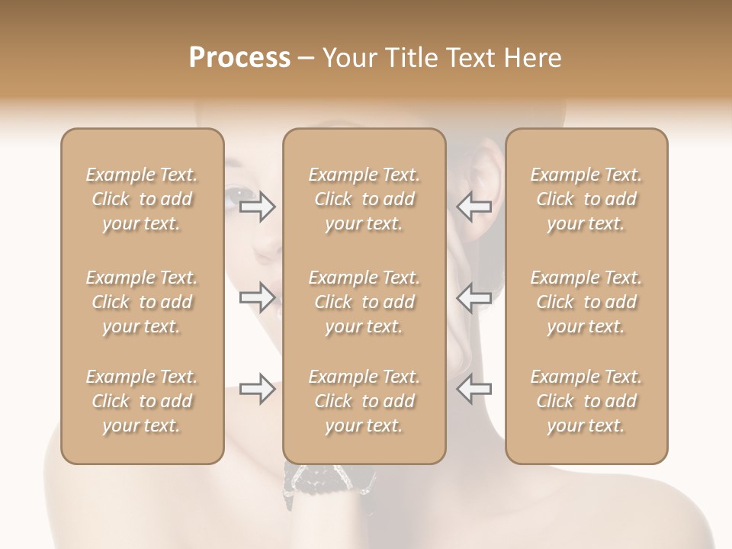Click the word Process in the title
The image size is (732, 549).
239,58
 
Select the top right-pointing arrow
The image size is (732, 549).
258,207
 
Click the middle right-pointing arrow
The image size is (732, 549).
258,297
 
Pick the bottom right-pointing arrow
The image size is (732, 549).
258,388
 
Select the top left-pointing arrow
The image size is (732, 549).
474,207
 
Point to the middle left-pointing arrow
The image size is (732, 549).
474,297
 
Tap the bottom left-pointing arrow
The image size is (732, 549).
474,388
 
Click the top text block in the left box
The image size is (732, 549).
142,199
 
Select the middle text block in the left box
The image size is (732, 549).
142,302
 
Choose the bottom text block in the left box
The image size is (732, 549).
142,401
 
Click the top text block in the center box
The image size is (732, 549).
364,199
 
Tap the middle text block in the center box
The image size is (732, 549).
364,302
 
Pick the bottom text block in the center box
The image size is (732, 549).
364,401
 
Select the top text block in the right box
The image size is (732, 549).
586,199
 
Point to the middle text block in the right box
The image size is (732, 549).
586,302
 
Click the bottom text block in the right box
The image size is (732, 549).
586,401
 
